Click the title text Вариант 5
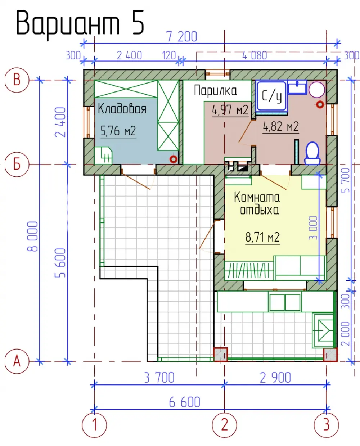[x=80, y=23]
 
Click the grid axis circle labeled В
[x=17, y=80]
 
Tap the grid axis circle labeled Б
[x=17, y=165]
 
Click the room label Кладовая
[x=122, y=109]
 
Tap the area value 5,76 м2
[x=118, y=131]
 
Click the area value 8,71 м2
[x=262, y=237]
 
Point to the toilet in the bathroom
[x=312, y=153]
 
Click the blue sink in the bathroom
[x=297, y=87]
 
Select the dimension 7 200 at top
[x=182, y=37]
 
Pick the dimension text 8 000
[x=33, y=236]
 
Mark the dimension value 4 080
[x=255, y=56]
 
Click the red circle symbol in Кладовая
[x=174, y=159]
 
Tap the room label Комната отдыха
[x=257, y=203]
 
